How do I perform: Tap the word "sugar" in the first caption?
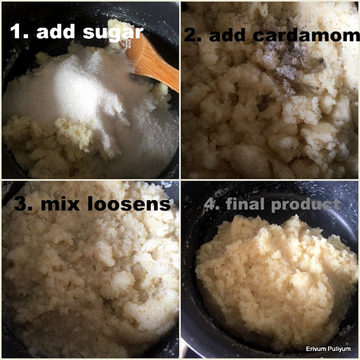pyautogui.click(x=113, y=32)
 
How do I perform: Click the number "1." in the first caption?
pyautogui.click(x=19, y=31)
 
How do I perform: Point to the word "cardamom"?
pyautogui.click(x=306, y=35)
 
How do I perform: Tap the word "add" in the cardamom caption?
pyautogui.click(x=229, y=35)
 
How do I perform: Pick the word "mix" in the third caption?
pyautogui.click(x=60, y=204)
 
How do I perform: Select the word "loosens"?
pyautogui.click(x=129, y=204)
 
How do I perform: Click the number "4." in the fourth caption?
pyautogui.click(x=213, y=204)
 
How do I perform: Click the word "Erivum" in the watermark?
pyautogui.click(x=314, y=349)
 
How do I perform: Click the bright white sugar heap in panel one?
pyautogui.click(x=76, y=89)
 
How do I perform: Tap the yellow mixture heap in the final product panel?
pyautogui.click(x=276, y=276)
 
